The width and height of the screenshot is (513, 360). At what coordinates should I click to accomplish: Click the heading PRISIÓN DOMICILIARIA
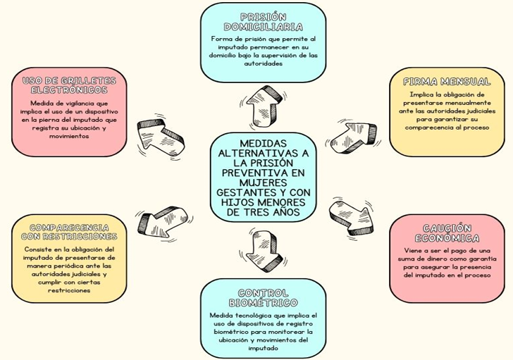coord(263,22)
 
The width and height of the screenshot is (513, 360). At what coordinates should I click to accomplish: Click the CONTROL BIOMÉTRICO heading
coord(263,298)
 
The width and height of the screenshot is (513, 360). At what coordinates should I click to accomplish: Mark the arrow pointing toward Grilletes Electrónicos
coord(161,135)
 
